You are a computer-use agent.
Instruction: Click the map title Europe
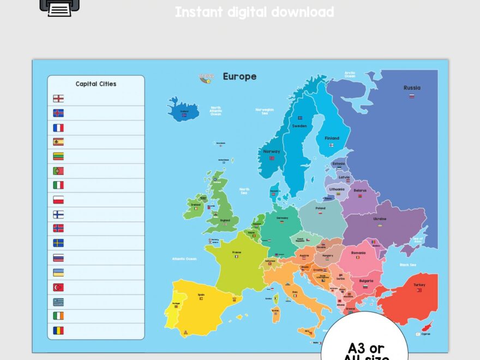tap(239, 76)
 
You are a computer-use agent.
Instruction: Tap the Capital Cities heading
tap(96, 84)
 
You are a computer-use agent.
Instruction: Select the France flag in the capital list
tap(58, 128)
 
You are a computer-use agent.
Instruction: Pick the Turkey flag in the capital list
tap(58, 287)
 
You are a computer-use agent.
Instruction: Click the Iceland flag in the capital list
tap(58, 113)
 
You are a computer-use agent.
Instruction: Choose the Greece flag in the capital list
tap(58, 302)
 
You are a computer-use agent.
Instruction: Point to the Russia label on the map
tap(412, 88)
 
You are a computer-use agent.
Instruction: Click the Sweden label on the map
tap(299, 126)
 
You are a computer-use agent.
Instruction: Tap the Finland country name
tap(332, 139)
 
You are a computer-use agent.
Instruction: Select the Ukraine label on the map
tap(380, 219)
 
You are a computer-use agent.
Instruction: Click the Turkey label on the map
tap(419, 285)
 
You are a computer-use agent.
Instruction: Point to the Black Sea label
tap(408, 265)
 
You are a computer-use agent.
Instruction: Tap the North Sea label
tap(244, 191)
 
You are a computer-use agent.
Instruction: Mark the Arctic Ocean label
tap(350, 74)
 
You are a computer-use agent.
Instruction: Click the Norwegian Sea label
tap(265, 111)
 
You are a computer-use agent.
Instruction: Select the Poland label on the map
tap(320, 208)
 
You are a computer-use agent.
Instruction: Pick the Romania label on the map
tap(358, 253)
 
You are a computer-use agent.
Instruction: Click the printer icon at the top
tap(59, 7)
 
